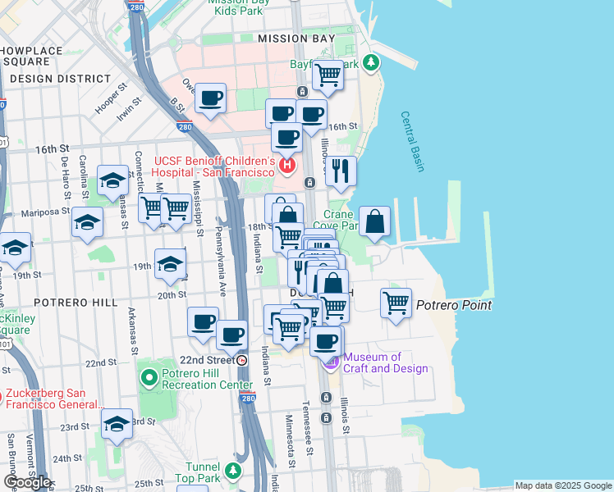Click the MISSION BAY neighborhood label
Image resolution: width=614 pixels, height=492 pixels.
click(x=295, y=39)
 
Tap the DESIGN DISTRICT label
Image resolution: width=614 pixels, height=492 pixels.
click(x=60, y=79)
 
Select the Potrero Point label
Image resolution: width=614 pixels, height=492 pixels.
click(x=453, y=306)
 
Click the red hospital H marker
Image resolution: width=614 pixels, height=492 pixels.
click(x=286, y=166)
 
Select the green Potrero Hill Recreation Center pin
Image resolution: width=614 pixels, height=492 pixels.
click(x=149, y=379)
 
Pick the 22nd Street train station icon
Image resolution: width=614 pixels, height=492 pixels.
click(x=242, y=361)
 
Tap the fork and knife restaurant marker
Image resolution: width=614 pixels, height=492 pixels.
click(x=340, y=171)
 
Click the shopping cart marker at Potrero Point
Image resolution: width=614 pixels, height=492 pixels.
click(x=396, y=303)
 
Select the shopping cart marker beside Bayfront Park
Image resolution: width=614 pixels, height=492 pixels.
click(x=328, y=75)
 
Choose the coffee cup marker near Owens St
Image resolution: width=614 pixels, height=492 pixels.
click(x=211, y=98)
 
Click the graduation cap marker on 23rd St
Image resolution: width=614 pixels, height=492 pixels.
click(x=117, y=424)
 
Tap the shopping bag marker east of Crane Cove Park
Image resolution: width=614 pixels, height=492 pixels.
click(x=374, y=221)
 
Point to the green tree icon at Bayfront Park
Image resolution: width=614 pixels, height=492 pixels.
click(x=371, y=62)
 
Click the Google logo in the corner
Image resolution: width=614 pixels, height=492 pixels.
click(x=27, y=482)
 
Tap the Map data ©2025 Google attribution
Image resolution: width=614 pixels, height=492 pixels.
click(x=562, y=485)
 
